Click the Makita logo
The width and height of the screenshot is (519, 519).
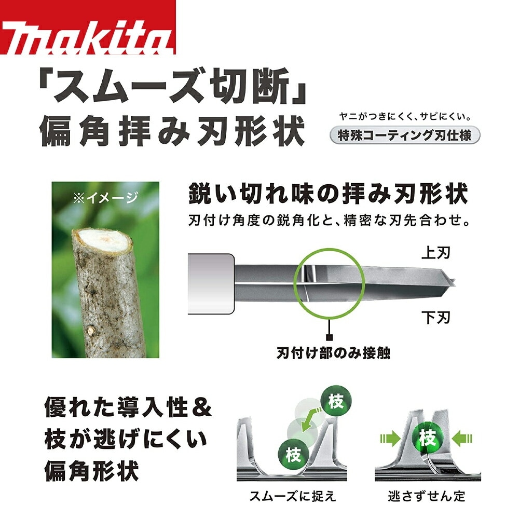(88, 27)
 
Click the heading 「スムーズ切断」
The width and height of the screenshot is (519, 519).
(173, 86)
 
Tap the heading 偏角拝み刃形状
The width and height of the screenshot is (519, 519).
(172, 131)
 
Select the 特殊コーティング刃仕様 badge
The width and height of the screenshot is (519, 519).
(405, 135)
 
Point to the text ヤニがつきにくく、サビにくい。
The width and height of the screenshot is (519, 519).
(405, 116)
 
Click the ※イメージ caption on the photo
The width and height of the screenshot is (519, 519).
(105, 198)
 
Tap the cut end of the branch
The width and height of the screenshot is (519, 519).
(102, 241)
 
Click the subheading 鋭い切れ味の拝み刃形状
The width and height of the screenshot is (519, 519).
(328, 194)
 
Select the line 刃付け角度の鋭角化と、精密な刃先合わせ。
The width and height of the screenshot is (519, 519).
(330, 220)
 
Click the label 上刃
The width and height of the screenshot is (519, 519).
(436, 253)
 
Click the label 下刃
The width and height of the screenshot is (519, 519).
(436, 317)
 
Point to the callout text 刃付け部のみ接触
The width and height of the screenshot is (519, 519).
(333, 353)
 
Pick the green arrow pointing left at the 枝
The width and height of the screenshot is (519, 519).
(462, 439)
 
